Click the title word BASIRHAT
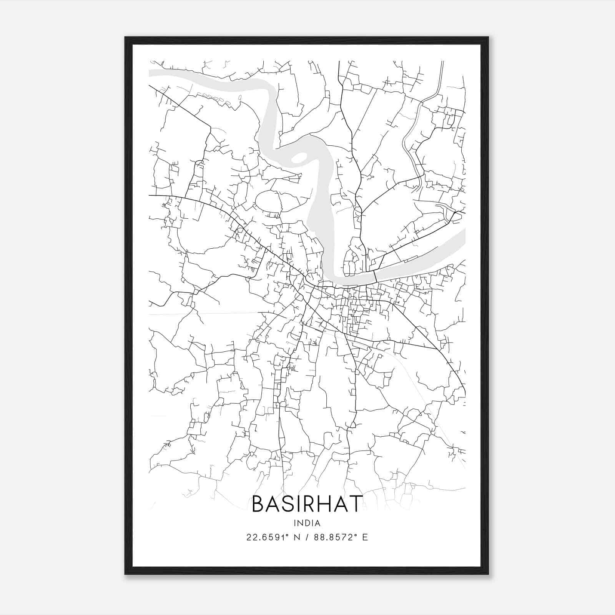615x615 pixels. coord(307,504)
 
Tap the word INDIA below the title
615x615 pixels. coord(307,523)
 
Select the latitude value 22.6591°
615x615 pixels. coord(268,537)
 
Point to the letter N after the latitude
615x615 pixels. coord(296,537)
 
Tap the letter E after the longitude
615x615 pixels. coord(365,537)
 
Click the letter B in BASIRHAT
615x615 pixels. coord(259,504)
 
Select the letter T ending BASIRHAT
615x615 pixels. coord(356,504)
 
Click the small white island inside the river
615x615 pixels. coord(299,157)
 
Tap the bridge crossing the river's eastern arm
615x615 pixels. coord(374,276)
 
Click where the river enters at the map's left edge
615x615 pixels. coord(151,73)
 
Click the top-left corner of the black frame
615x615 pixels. coord(126,38)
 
